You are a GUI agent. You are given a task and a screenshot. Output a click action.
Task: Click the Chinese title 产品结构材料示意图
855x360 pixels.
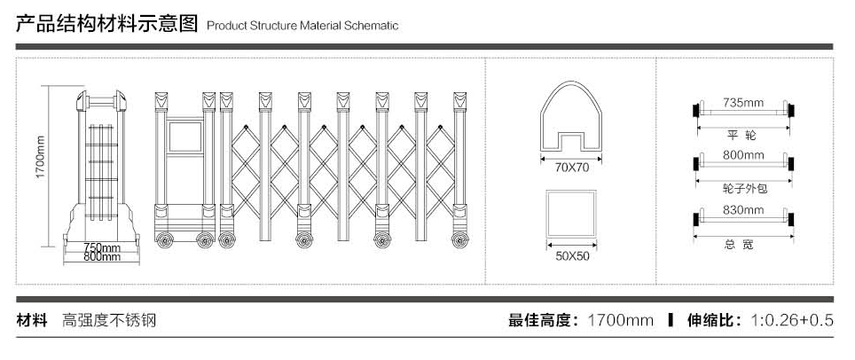(106, 24)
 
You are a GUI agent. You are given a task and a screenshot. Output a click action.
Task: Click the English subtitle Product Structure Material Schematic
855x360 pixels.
(302, 26)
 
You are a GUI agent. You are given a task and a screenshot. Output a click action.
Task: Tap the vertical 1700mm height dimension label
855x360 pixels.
(40, 159)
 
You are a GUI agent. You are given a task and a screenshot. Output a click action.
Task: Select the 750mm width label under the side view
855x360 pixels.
(102, 247)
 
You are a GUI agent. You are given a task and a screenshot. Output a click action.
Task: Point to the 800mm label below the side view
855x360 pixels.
(102, 257)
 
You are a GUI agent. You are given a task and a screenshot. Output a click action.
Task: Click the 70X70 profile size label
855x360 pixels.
(572, 167)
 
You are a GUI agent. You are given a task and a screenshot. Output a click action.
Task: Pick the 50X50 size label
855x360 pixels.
(572, 256)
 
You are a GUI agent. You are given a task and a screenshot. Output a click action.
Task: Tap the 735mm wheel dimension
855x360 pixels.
(743, 103)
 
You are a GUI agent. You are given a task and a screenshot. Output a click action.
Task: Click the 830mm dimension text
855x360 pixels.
(743, 210)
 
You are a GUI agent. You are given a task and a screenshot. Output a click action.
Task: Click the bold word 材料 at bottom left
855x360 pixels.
(32, 320)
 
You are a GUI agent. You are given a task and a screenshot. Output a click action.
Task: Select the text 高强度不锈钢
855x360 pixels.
(109, 320)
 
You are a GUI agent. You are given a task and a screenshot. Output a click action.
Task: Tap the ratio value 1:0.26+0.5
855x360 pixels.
(792, 320)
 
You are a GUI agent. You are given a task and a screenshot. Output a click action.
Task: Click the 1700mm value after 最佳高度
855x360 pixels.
(620, 320)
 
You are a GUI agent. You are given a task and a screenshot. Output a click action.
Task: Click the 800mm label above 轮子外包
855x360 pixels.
(743, 156)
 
